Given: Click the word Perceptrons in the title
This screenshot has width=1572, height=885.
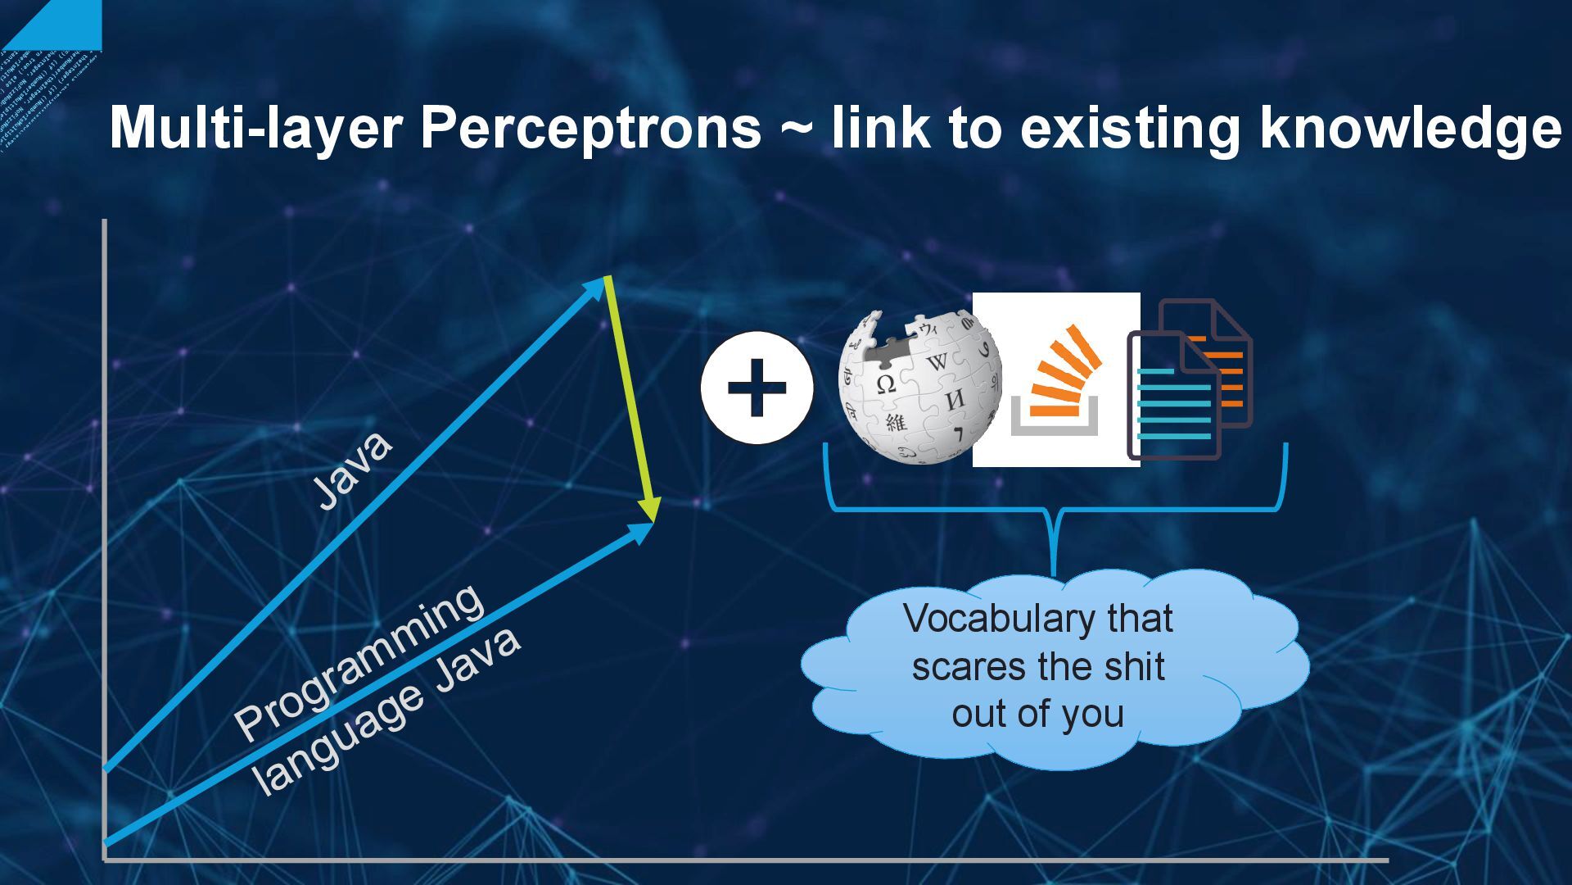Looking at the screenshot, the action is [x=590, y=129].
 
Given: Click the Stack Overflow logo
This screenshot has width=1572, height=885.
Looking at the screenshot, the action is [x=1056, y=379].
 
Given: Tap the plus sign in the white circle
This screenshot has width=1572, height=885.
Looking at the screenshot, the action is [x=757, y=388].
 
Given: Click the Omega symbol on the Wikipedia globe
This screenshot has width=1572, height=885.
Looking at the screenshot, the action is [x=884, y=383].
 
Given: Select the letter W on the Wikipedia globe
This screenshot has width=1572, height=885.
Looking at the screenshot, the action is [x=937, y=361].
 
